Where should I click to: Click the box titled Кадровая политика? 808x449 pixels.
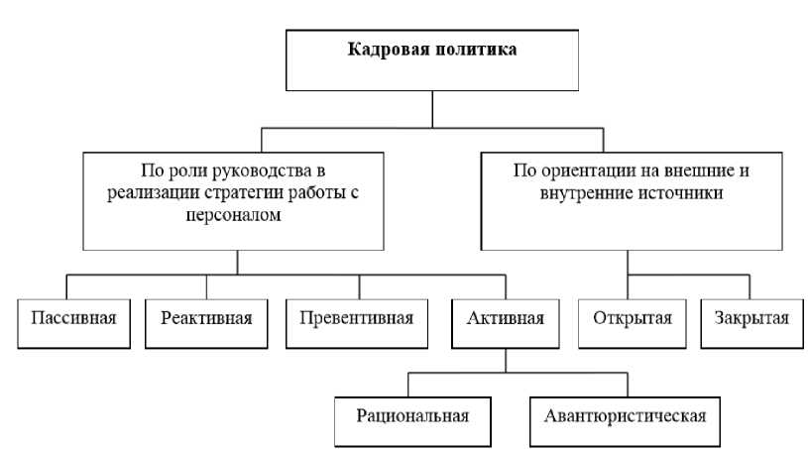tap(430, 59)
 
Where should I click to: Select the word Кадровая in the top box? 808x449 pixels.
tap(381, 48)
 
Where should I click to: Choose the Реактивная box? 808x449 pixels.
tap(205, 319)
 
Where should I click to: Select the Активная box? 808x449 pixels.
tap(504, 319)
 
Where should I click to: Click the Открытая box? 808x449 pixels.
tap(632, 319)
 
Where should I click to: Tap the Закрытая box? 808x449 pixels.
tap(749, 319)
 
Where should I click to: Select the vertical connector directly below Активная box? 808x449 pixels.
tap(504, 359)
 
